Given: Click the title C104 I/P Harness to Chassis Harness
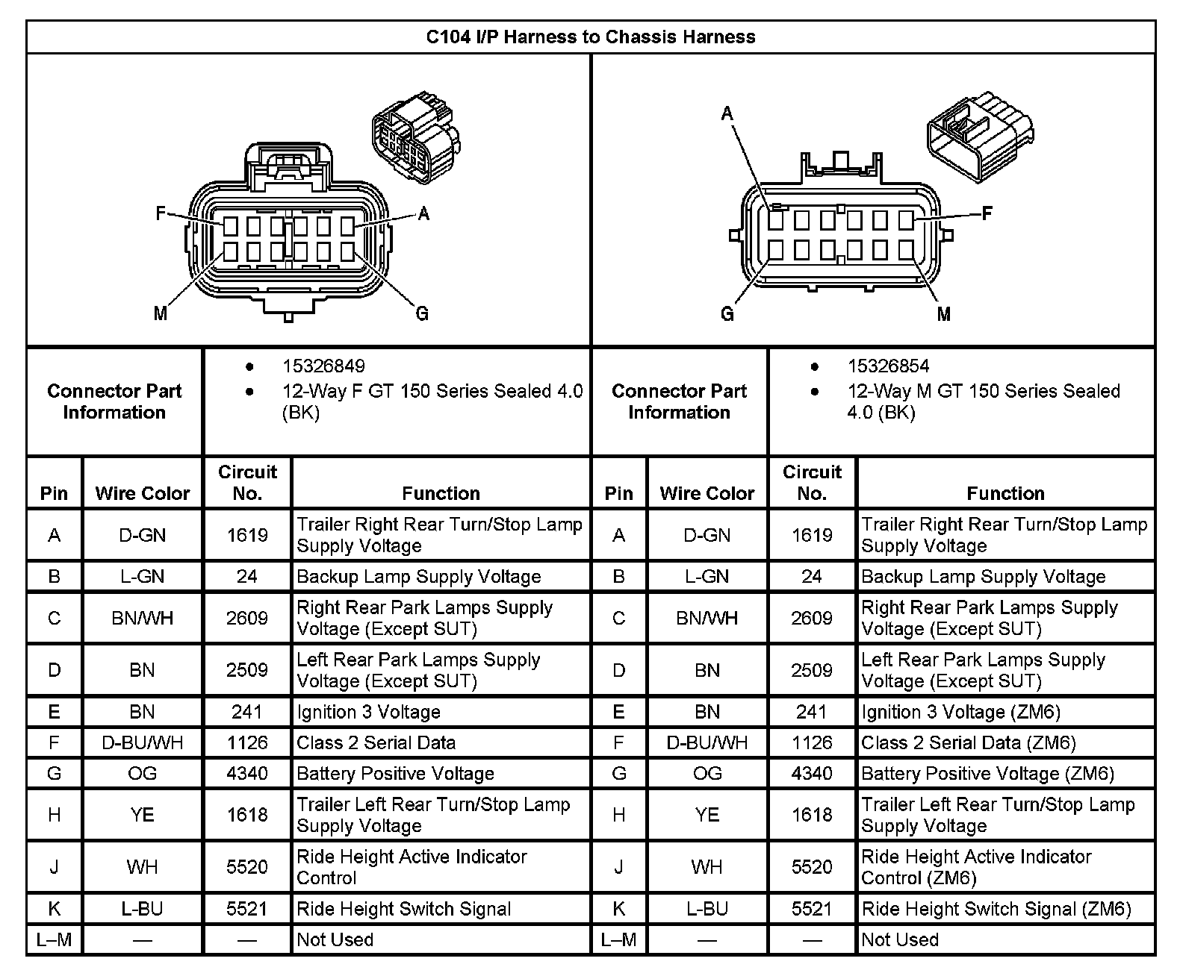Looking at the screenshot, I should pos(590,37).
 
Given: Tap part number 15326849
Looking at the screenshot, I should pos(323,366).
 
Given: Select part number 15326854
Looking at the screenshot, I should pos(888,366).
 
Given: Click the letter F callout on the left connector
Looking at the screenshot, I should pos(160,214).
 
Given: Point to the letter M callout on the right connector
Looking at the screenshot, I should pos(943,314).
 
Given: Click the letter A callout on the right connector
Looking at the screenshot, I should pos(727,113).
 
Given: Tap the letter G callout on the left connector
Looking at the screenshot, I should pos(422,313).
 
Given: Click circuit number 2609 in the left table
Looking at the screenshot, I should pos(247,619).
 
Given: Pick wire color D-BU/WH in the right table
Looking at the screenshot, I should pos(707,743).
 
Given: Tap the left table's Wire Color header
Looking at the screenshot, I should pos(142,493).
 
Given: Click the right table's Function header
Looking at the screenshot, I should pos(1005,493).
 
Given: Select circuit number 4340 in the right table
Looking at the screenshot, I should pos(812,774).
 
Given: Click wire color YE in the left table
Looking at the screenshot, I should pos(142,815).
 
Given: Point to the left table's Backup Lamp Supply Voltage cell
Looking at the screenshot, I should pos(418,577).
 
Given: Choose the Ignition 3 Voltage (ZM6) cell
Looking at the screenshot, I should pos(960,713).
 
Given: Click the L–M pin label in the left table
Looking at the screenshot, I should pos(55,940).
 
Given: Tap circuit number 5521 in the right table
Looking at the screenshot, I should pos(812,910).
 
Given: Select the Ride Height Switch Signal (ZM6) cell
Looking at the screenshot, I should pos(996,910).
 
